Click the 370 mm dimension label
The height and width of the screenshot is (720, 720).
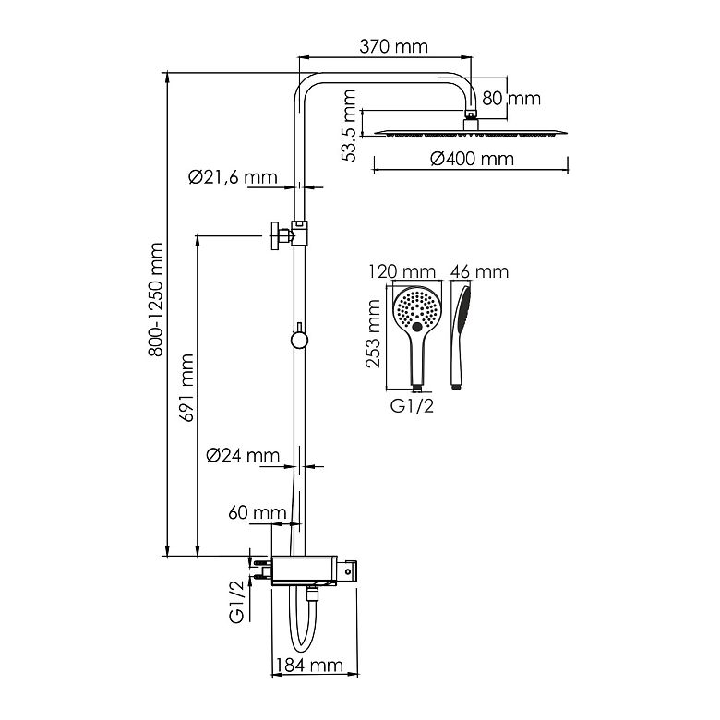(x=393, y=46)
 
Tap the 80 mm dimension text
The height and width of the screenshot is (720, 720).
(x=511, y=98)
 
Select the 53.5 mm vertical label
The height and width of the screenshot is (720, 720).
(x=349, y=126)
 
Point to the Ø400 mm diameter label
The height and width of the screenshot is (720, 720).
(x=472, y=159)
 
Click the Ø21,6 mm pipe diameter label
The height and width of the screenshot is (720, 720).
(x=233, y=177)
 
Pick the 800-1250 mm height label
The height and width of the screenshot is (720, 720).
(x=156, y=300)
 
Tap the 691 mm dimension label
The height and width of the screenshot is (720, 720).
(x=186, y=388)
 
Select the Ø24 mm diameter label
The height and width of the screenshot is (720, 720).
(x=243, y=455)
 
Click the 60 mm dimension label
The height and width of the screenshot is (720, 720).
(x=258, y=512)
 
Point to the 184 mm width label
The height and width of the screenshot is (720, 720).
(x=310, y=666)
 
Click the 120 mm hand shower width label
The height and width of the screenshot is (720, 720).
(x=402, y=271)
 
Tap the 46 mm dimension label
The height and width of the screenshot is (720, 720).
(x=479, y=271)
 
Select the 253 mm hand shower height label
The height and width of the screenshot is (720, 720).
(x=373, y=333)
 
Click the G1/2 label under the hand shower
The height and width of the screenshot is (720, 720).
(x=412, y=406)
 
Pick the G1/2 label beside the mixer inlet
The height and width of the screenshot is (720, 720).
(x=236, y=602)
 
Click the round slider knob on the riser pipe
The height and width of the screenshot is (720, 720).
(x=299, y=340)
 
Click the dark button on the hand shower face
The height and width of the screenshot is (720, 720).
(x=417, y=327)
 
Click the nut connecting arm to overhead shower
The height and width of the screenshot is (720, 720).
(x=471, y=114)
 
